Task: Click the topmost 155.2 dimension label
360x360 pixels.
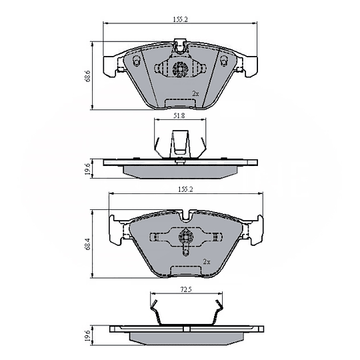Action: point(180,19)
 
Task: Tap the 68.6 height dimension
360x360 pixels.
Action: point(88,76)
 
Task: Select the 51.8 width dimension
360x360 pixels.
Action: point(179,116)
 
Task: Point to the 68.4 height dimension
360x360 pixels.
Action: point(88,244)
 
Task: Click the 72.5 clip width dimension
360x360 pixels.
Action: point(186,290)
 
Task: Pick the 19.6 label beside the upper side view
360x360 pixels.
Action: point(88,169)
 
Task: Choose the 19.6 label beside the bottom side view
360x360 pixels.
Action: point(88,335)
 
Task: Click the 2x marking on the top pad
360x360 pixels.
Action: point(195,93)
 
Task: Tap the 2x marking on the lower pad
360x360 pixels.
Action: point(207,261)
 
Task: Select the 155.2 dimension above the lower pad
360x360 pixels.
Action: point(186,189)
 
